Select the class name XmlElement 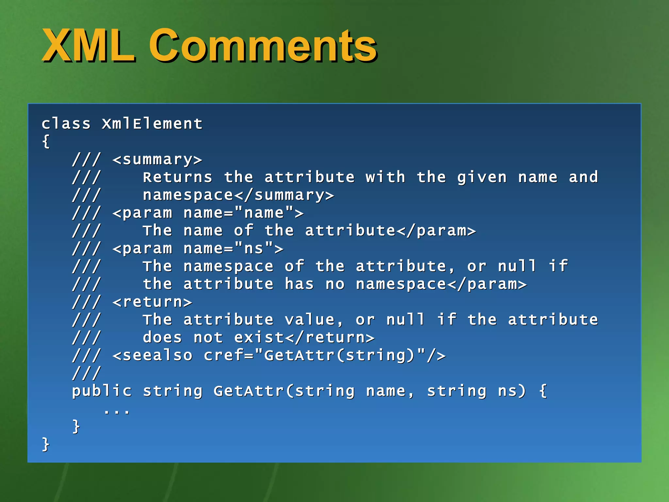152,124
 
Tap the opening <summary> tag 157,159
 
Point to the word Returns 177,177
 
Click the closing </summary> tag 284,195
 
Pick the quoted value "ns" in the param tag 254,248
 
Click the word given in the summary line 482,177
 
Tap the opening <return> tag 152,302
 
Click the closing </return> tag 330,338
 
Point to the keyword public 102,391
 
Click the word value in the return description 309,320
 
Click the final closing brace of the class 46,444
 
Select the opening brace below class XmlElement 46,142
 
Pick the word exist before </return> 259,338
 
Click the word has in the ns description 299,284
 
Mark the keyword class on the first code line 66,124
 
